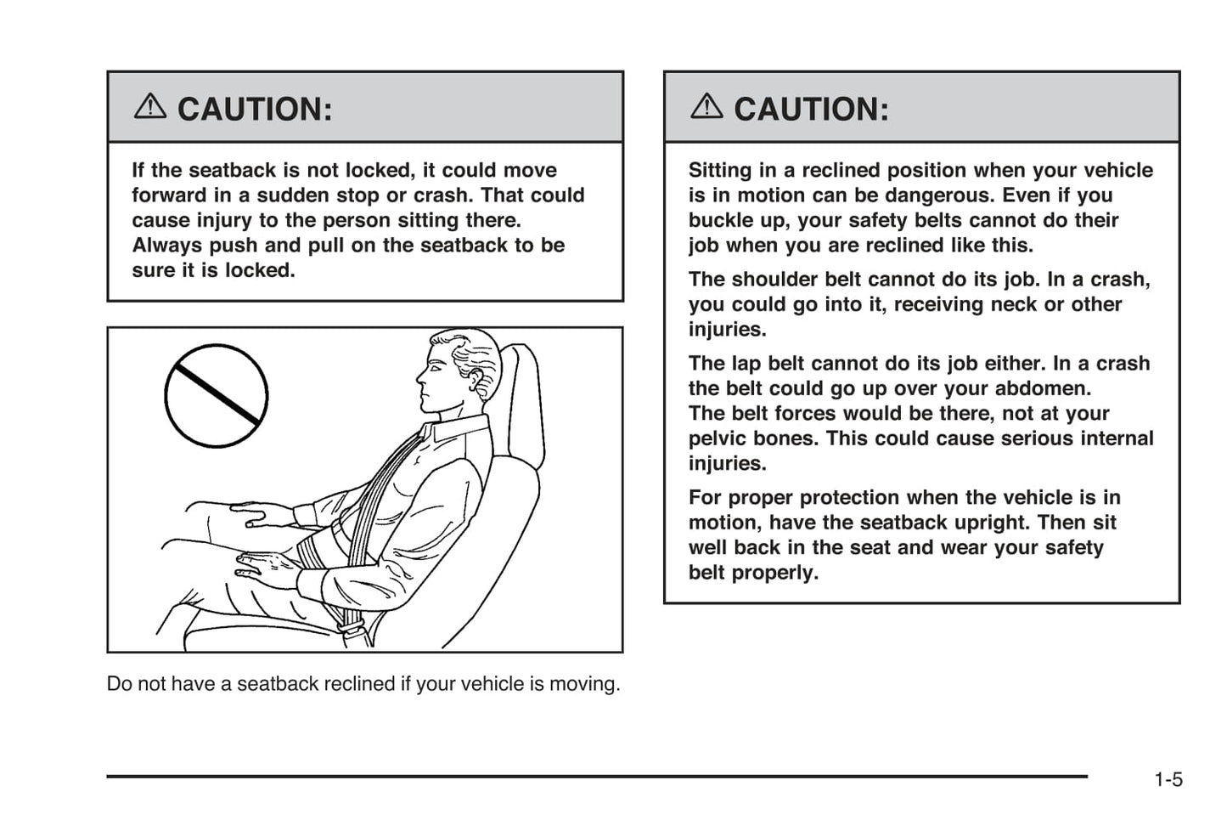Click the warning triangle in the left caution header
(x=150, y=107)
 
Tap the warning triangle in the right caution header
(x=706, y=107)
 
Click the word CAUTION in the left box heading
(x=254, y=110)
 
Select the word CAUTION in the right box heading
(x=810, y=110)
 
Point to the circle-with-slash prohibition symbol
(x=217, y=396)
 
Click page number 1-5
(x=1168, y=779)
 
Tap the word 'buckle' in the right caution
(x=722, y=221)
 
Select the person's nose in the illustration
(x=419, y=375)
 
